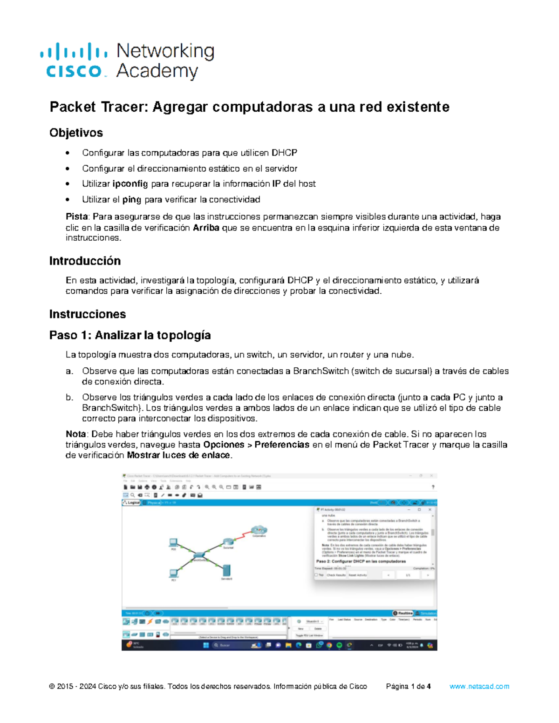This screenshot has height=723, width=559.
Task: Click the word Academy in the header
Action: (157, 71)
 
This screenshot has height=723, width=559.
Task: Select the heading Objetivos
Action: (76, 133)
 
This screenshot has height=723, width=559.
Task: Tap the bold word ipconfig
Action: (130, 184)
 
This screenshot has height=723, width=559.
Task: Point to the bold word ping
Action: (131, 200)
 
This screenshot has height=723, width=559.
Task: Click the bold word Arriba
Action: (206, 228)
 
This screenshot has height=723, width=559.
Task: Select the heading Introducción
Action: (85, 261)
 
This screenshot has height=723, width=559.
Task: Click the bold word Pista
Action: (77, 216)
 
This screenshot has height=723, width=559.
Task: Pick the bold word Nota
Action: (75, 434)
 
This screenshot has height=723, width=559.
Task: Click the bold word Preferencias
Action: (282, 445)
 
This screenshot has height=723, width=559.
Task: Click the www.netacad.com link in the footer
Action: (479, 686)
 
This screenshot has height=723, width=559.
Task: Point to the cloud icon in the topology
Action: (259, 530)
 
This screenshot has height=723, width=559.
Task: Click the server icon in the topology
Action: (227, 570)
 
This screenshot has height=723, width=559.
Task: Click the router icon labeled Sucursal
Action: (228, 542)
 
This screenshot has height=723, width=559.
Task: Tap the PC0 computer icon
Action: (173, 542)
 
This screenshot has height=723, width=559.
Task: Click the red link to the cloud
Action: (242, 536)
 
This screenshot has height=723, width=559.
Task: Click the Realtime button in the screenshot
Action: (403, 613)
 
